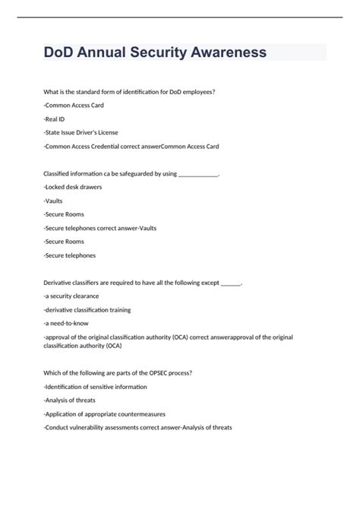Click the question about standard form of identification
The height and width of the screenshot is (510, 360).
coord(129,92)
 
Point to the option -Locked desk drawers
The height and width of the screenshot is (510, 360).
coord(73,186)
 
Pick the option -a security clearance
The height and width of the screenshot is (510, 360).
coord(71,296)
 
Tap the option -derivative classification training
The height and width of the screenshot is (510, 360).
coord(87,309)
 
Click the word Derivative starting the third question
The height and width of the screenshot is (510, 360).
coord(60,282)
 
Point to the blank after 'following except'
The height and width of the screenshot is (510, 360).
coord(230,282)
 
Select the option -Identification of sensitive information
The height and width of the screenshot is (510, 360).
coord(96,386)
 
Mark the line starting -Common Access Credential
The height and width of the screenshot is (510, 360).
coord(131,146)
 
